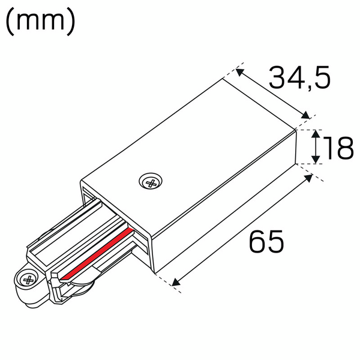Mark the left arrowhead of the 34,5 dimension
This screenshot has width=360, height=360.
pos(239,73)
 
